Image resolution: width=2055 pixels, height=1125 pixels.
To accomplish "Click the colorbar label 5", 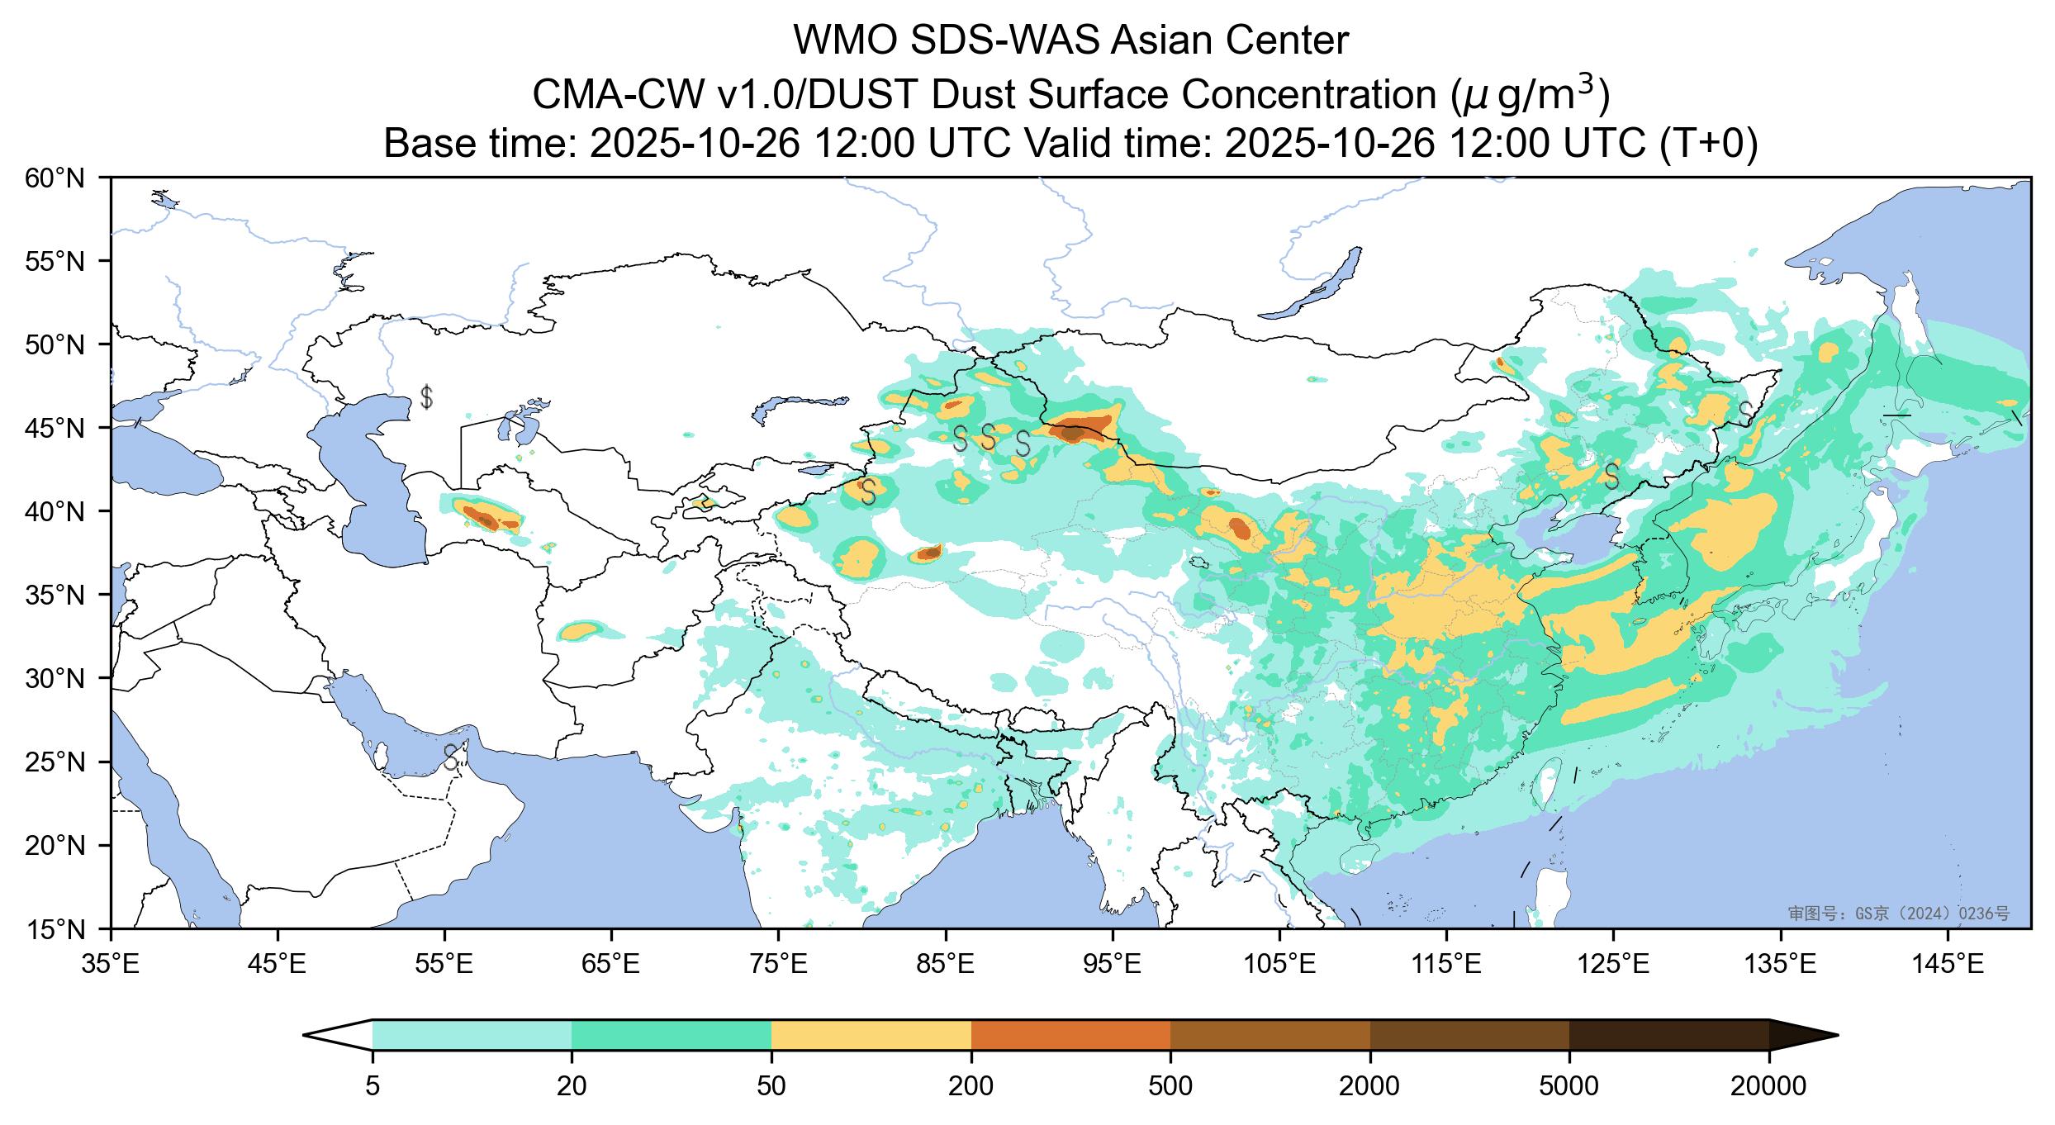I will coord(373,1086).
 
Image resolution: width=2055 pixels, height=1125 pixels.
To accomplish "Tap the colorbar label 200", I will coord(971,1086).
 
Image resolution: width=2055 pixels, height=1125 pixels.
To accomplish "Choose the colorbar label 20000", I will coord(1768,1086).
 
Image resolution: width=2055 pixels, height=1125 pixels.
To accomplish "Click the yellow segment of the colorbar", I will coord(871,1034).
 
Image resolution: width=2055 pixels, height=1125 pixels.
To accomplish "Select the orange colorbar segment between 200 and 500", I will coord(1071,1034).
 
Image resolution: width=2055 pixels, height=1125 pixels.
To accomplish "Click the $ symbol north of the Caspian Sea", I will coord(426,397).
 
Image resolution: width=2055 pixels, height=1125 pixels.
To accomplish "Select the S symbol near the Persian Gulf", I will coord(451,757).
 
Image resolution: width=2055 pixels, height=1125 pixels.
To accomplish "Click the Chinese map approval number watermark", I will coord(1898,914).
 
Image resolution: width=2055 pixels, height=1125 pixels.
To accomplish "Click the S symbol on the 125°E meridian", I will coord(1611,476).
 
